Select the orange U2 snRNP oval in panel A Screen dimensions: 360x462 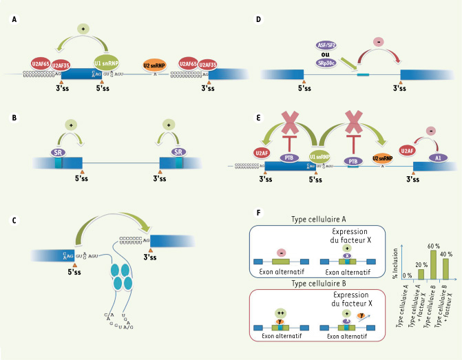[156, 67]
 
